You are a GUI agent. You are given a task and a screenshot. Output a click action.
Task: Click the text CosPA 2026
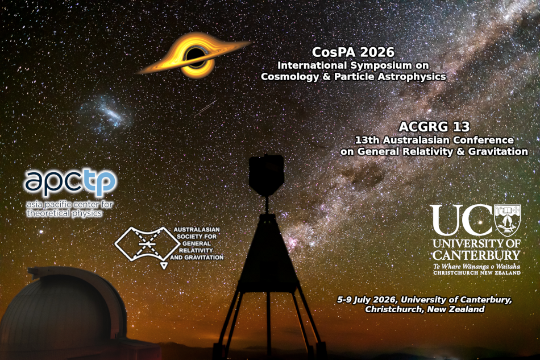coord(353,52)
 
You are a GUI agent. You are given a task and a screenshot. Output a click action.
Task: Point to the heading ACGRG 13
coord(435,126)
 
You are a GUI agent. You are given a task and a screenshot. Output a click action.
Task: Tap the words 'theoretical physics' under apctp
coord(64,213)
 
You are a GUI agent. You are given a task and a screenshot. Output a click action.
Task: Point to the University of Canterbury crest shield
coord(508,220)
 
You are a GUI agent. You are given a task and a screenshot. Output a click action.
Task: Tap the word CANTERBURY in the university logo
coord(476,254)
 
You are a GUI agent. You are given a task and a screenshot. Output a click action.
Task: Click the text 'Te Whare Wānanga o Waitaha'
coord(476,266)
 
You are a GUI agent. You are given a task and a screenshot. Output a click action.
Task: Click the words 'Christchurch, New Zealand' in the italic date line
coord(425,309)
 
